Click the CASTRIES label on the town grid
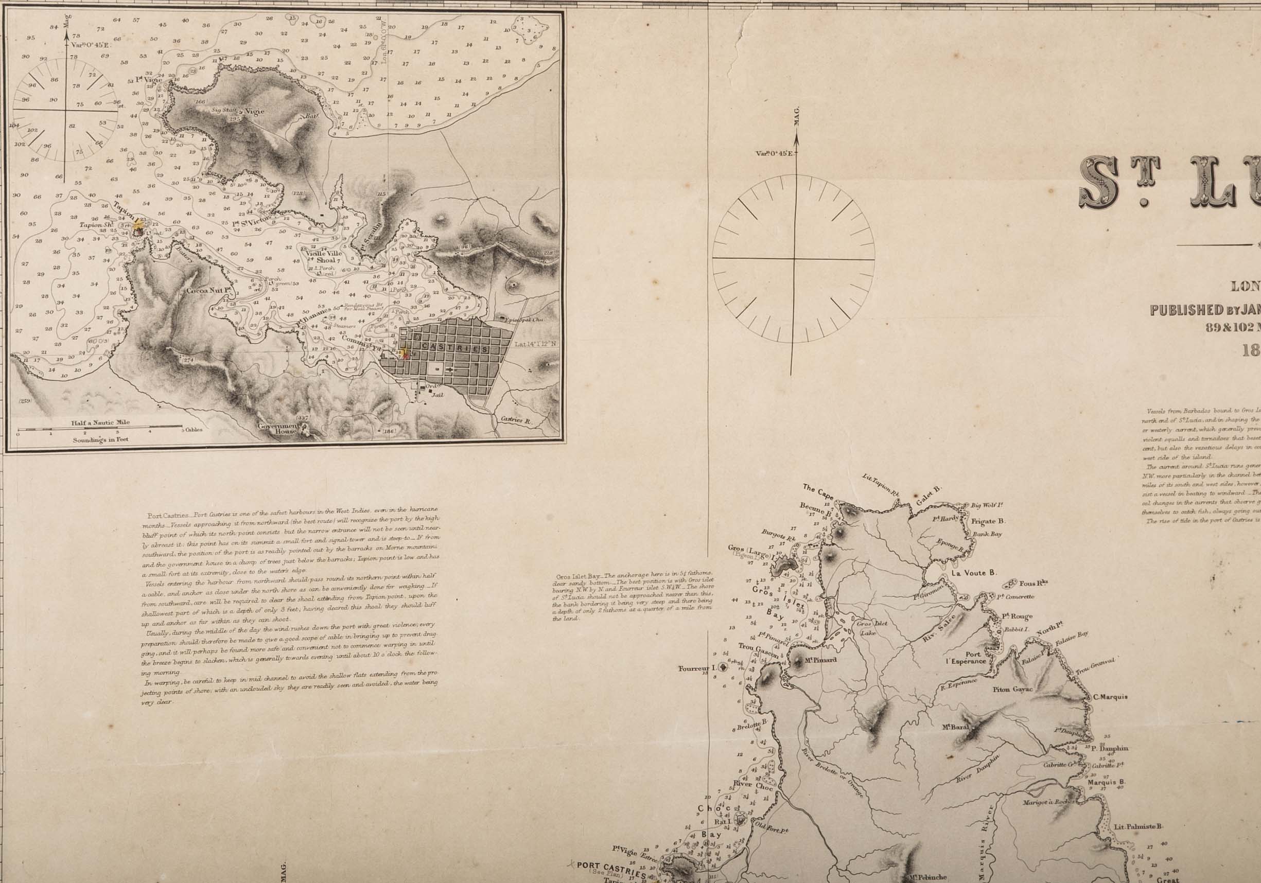456,349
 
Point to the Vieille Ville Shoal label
324,257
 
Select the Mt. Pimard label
820,660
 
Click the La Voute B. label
974,572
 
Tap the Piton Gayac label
1012,689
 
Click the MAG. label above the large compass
797,119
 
